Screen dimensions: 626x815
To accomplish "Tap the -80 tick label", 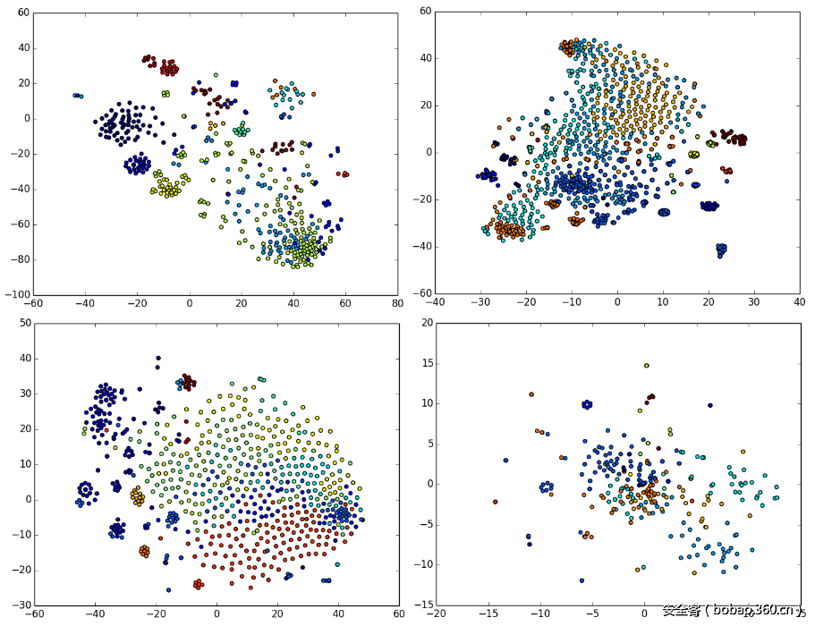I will pos(20,259).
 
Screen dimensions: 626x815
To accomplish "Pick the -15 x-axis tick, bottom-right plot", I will pos(488,614).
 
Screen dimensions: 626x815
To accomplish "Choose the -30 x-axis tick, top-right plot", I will pos(480,302).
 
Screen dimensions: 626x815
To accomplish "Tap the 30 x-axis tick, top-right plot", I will pos(754,302).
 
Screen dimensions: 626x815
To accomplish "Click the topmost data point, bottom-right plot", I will pos(646,365).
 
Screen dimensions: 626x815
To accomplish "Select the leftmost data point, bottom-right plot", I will pos(495,502).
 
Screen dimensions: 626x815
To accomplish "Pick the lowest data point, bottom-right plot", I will pos(582,580).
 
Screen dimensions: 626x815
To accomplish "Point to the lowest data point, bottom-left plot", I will pos(168,590).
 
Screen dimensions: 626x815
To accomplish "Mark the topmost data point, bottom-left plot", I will pos(158,359).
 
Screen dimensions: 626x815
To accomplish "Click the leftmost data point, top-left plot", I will pos(75,95).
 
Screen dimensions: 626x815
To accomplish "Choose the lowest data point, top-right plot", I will pos(721,256).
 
